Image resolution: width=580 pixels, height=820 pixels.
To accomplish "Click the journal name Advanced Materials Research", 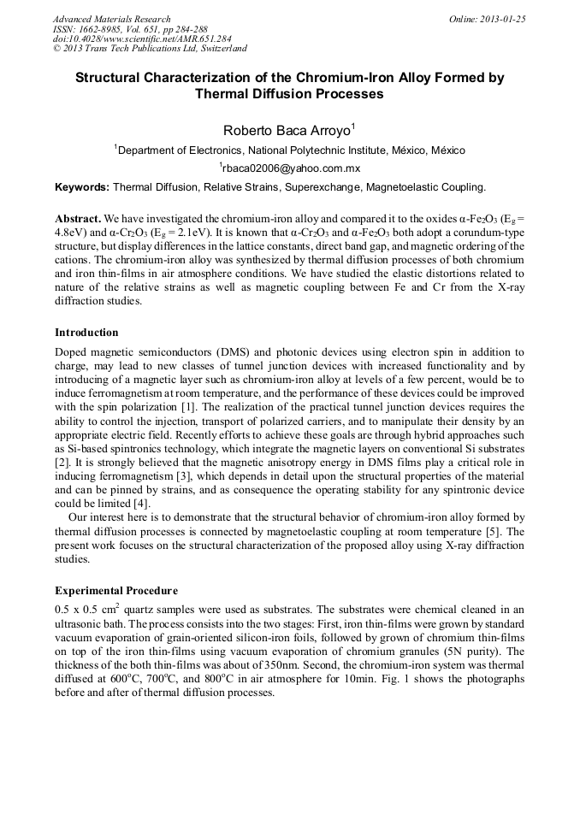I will (x=111, y=19).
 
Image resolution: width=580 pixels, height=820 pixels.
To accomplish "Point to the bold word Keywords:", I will (x=82, y=186).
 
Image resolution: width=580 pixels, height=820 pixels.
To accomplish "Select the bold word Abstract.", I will (x=79, y=219).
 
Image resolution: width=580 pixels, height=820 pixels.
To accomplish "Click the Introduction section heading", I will (x=86, y=333).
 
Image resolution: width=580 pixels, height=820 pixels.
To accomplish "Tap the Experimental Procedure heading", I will (x=116, y=590).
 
